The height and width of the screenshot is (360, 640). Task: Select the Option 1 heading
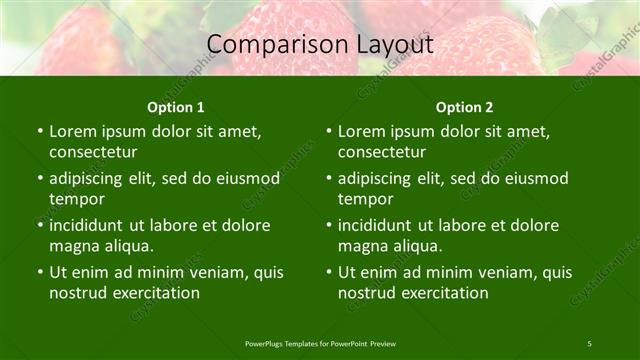(176, 107)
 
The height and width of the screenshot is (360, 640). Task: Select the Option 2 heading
(464, 107)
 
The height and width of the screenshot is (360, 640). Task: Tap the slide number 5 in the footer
(590, 343)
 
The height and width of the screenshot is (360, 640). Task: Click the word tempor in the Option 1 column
(73, 199)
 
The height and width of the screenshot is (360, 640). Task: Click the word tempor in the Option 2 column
(362, 199)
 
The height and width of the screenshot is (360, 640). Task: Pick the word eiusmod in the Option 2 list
(536, 179)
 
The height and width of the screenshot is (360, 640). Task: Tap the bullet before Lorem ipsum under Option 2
(329, 132)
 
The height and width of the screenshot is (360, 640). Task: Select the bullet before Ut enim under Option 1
(40, 273)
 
